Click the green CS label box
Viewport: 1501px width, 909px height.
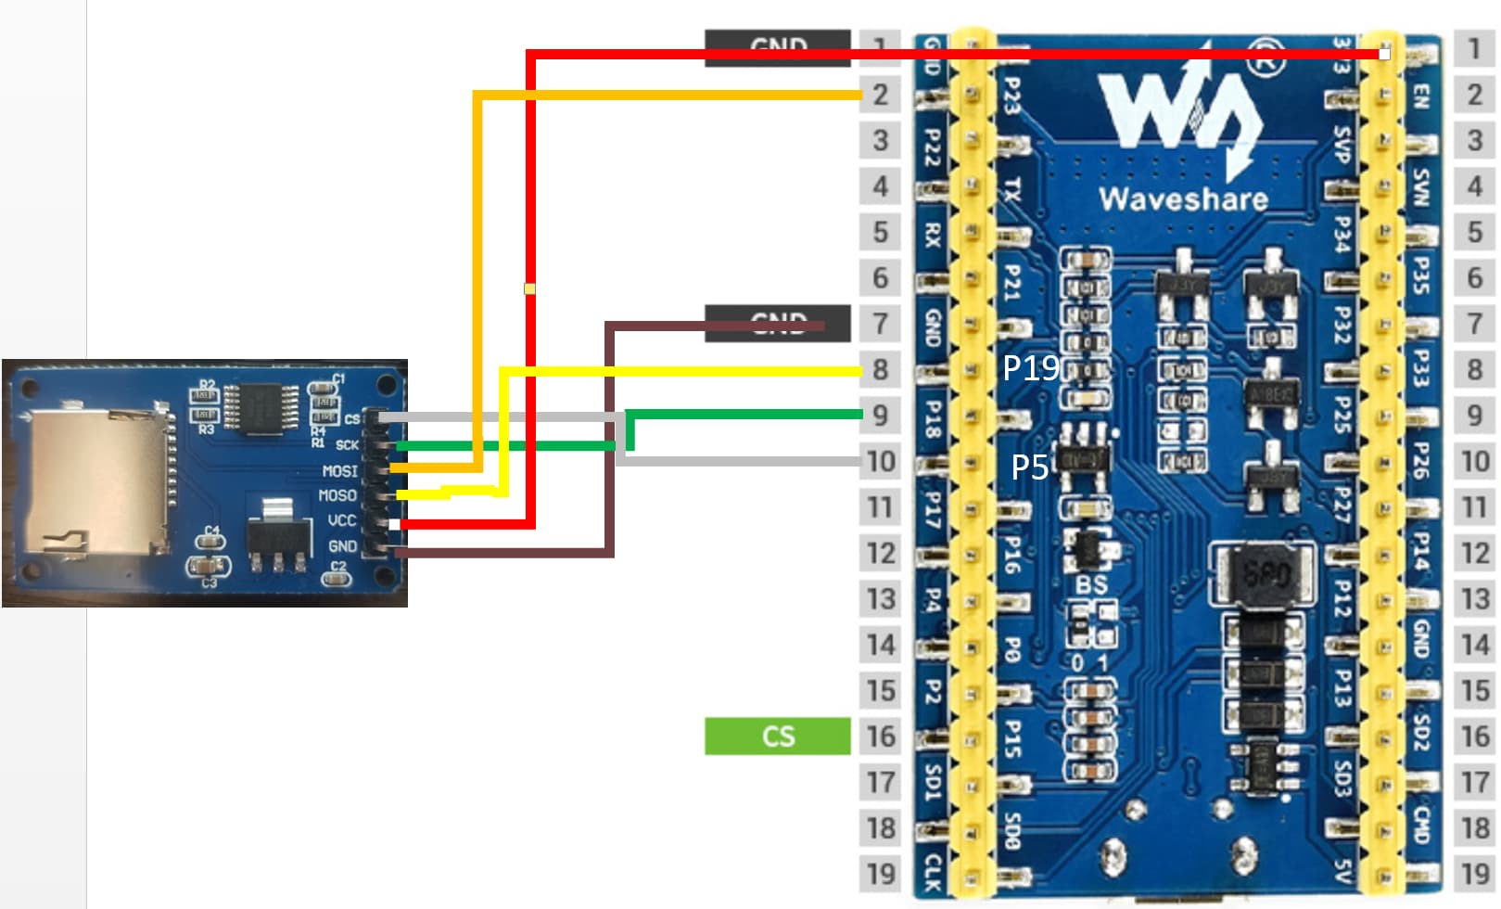click(x=777, y=736)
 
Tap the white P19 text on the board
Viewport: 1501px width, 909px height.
click(x=1030, y=369)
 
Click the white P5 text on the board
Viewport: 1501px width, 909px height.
click(x=1029, y=467)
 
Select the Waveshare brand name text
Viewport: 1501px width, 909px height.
click(x=1183, y=198)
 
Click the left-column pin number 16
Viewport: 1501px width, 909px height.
click(x=881, y=736)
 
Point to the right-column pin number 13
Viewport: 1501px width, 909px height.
click(x=1474, y=599)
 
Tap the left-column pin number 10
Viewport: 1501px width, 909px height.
click(x=881, y=461)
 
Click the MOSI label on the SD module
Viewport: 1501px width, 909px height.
click(x=339, y=471)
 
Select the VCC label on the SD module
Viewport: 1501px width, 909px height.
click(x=341, y=520)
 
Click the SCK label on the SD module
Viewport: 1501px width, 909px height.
click(x=347, y=445)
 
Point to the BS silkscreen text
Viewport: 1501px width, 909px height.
click(x=1091, y=584)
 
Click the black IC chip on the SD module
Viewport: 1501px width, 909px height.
click(x=263, y=409)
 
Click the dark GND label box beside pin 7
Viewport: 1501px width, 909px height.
click(x=777, y=323)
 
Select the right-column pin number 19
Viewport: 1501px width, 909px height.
click(x=1474, y=874)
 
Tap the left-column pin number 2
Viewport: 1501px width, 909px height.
click(x=881, y=95)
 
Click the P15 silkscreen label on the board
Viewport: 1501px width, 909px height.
click(x=1013, y=739)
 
